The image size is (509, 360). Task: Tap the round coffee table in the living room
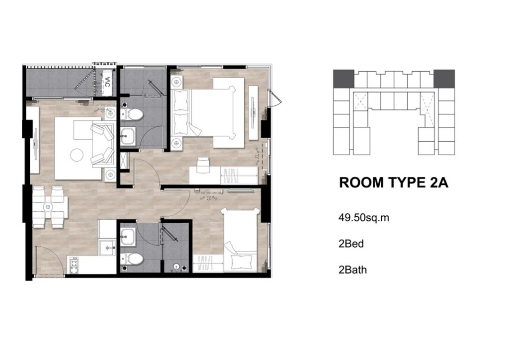(78, 155)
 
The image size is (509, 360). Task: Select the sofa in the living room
(102, 145)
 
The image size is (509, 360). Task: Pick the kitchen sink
(107, 248)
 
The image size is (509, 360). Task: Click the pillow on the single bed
(241, 261)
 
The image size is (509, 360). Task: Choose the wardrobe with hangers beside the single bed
(208, 263)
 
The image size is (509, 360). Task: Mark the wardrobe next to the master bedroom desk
(240, 176)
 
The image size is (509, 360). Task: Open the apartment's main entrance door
(46, 261)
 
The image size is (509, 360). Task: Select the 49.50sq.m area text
(364, 217)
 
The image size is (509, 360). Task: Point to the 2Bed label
(351, 244)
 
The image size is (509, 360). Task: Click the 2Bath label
(352, 270)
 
